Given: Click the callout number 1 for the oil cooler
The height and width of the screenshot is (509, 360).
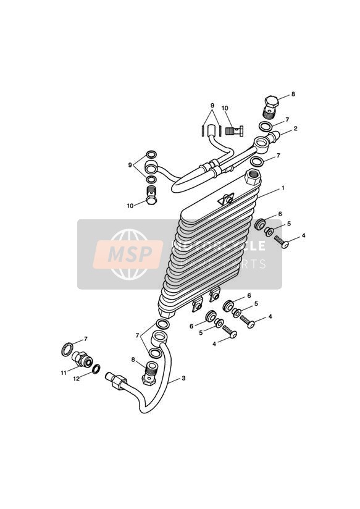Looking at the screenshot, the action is (x=283, y=188).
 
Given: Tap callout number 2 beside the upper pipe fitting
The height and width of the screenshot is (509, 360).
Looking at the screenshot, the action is (x=295, y=128).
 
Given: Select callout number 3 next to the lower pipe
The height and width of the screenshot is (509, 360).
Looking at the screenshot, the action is (x=183, y=378).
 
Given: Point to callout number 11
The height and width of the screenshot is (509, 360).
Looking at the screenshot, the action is (x=64, y=373).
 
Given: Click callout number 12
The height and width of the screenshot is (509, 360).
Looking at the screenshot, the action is (x=77, y=379).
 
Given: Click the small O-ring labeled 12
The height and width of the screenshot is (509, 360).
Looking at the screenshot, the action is (x=96, y=369).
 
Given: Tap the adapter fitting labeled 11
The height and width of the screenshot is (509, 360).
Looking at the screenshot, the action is (x=82, y=360).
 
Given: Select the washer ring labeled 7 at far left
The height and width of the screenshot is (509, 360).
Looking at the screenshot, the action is (x=67, y=349).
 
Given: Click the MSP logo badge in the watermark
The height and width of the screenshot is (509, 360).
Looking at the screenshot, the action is (x=128, y=254).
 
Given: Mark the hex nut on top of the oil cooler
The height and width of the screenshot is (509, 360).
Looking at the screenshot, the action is (x=254, y=177).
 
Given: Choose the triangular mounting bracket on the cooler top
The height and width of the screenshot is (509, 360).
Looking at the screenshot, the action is (x=226, y=199).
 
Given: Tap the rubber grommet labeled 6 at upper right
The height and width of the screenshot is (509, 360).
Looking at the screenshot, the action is (x=259, y=224).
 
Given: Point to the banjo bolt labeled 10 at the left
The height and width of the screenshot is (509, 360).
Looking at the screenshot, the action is (x=151, y=195).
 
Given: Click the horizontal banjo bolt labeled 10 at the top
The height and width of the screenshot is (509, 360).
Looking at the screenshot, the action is (x=234, y=132).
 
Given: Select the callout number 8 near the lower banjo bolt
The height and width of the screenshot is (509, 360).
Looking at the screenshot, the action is (x=133, y=360).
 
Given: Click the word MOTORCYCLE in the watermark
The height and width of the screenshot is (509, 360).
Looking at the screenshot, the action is (x=218, y=246).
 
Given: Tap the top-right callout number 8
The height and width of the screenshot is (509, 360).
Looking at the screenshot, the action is (x=293, y=94).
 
